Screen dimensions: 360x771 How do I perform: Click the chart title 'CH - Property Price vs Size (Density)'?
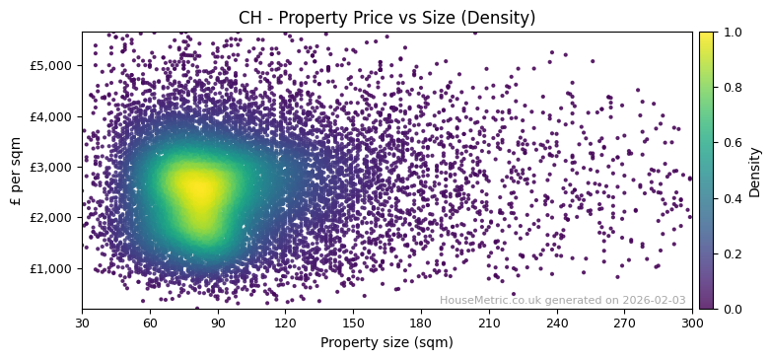386,18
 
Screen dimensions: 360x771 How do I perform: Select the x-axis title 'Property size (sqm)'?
386,342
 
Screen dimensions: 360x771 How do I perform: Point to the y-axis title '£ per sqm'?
16,171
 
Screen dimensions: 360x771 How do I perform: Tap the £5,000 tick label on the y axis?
52,65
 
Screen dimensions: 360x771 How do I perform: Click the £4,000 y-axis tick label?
52,116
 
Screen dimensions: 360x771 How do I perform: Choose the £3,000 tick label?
52,167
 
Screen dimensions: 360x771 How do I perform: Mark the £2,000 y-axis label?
52,217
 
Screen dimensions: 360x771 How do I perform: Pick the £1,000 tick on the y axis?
52,268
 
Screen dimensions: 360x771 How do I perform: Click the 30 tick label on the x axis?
82,322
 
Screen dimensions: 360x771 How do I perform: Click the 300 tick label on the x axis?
692,322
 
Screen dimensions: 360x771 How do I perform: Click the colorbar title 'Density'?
755,171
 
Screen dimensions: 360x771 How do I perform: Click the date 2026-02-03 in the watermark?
654,301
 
